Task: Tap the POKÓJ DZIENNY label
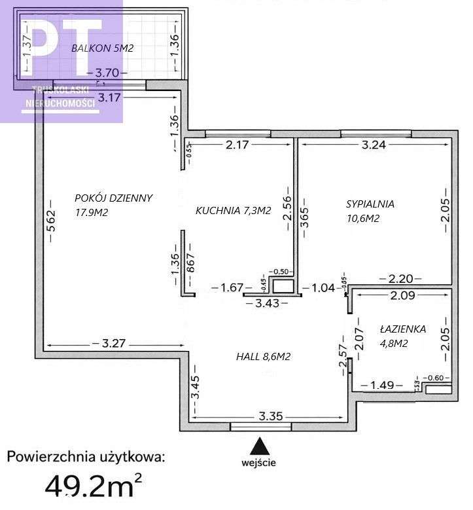114,198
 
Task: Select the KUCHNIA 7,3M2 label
233,210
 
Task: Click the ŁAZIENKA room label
403,329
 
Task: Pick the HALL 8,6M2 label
263,357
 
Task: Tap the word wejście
261,462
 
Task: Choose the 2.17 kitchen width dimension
238,145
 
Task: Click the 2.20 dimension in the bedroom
400,279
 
